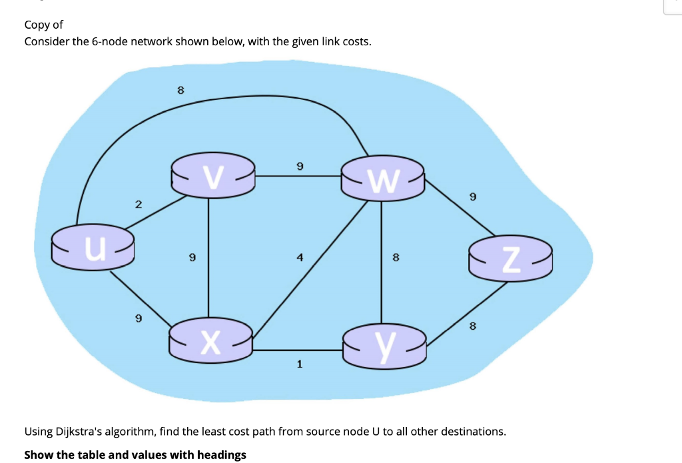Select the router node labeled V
point(212,177)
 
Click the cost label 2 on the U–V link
point(138,205)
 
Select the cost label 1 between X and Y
point(300,364)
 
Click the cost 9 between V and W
point(300,165)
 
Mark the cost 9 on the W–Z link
point(472,197)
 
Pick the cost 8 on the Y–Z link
point(472,326)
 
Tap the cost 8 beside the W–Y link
point(396,256)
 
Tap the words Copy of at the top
point(43,25)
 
